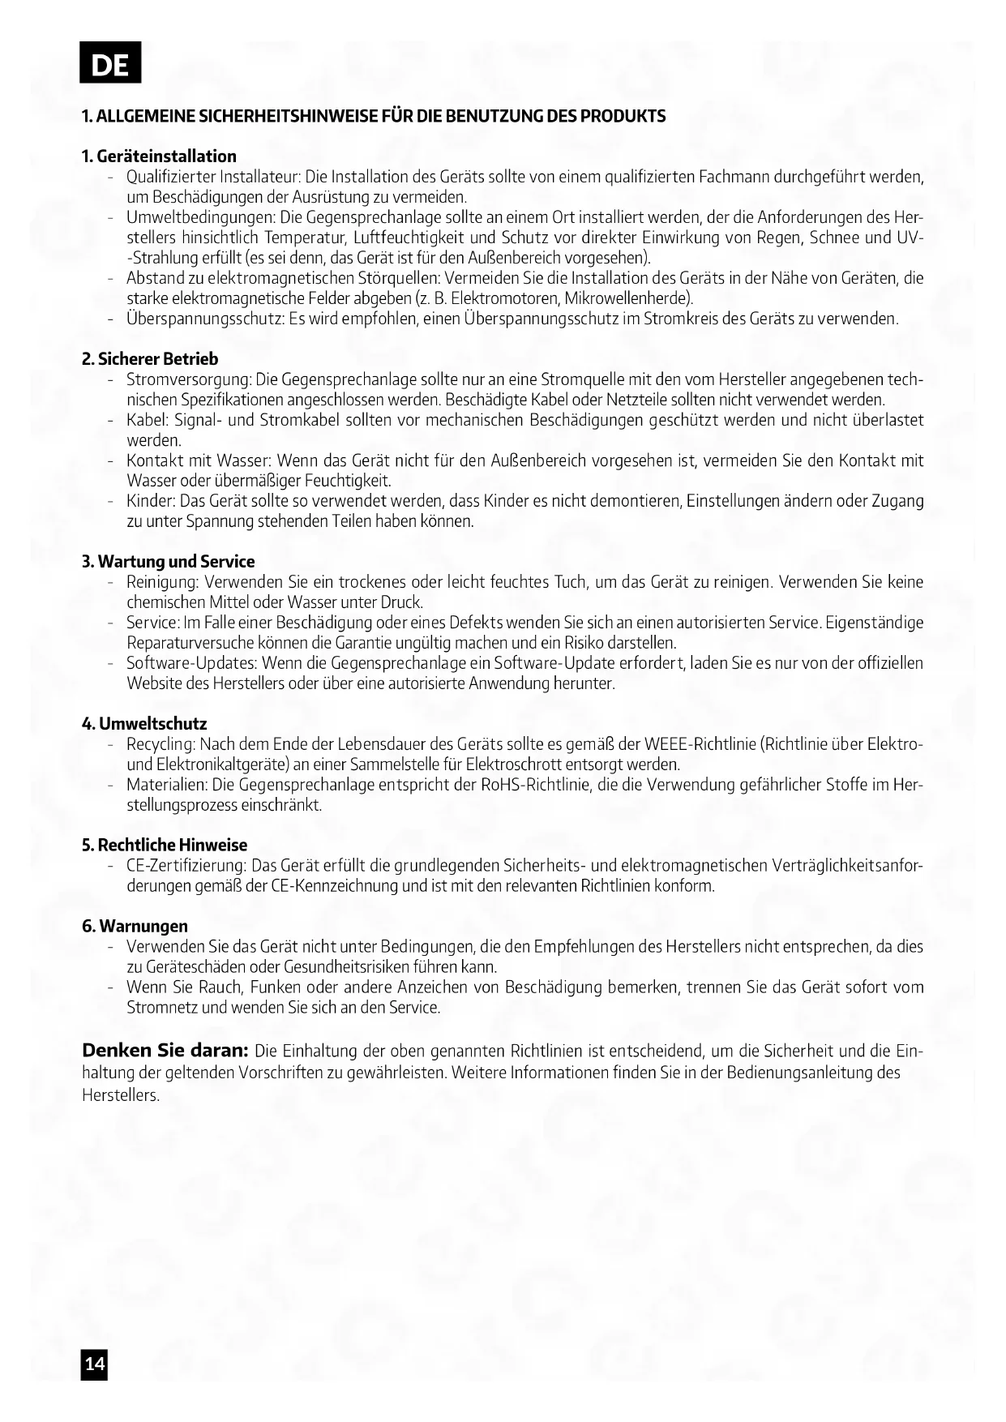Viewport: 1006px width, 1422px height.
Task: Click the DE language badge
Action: tap(110, 63)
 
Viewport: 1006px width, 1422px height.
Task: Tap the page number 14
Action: tap(94, 1364)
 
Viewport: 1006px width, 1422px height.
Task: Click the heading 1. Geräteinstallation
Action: tap(159, 156)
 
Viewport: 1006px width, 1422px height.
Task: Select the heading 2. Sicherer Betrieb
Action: tap(150, 359)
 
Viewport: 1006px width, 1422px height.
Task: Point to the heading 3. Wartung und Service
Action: tap(168, 562)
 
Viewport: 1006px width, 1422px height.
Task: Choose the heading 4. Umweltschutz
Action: tap(144, 724)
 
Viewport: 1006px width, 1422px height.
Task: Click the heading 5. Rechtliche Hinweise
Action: tap(164, 846)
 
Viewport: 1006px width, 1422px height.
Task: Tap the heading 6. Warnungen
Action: tap(135, 927)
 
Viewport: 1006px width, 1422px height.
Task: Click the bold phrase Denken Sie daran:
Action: tap(165, 1051)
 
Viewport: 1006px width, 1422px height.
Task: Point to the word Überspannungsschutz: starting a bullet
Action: tap(204, 319)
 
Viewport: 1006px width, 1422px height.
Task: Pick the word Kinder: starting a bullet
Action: tap(151, 501)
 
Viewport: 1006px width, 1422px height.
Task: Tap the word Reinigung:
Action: tap(162, 582)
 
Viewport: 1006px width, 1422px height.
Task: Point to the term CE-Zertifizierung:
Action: tap(186, 866)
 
